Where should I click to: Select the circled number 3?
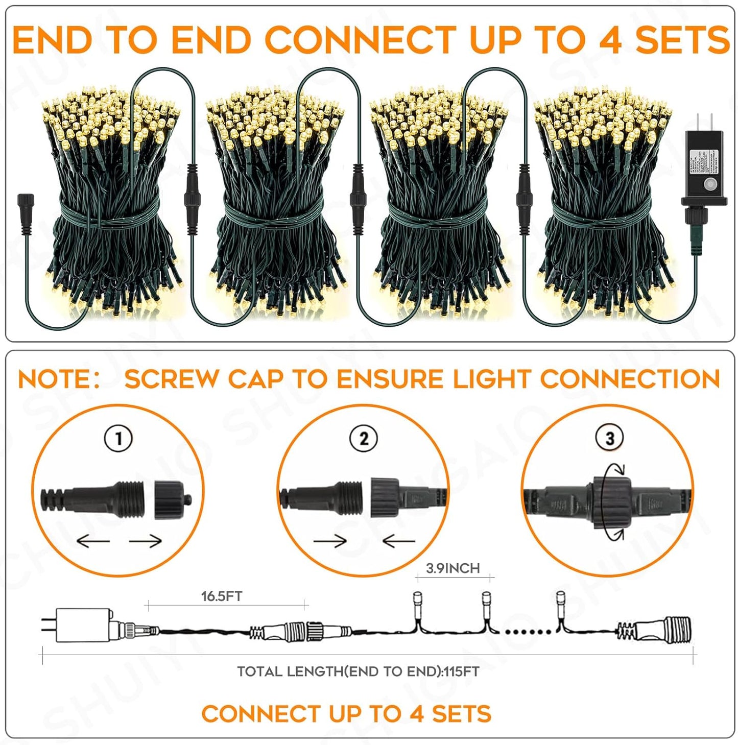click(x=609, y=438)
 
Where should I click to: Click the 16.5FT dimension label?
click(x=222, y=596)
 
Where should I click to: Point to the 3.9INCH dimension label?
click(x=453, y=568)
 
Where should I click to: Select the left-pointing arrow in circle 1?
click(x=93, y=541)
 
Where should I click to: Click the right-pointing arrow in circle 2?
click(x=330, y=541)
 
